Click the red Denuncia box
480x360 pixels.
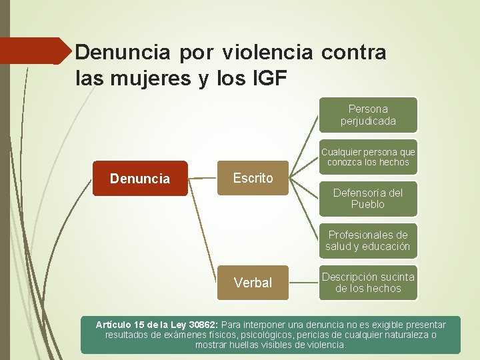click(140, 179)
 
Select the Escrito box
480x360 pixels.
click(253, 178)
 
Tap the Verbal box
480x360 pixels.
click(253, 283)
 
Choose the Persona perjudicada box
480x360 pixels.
click(368, 115)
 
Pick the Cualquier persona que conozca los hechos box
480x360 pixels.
click(368, 157)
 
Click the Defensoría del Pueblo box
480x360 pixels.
click(368, 199)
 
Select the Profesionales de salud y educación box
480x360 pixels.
click(368, 241)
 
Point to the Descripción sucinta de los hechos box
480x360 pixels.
click(368, 283)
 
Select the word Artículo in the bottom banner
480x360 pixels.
click(113, 325)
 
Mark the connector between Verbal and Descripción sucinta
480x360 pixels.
click(303, 283)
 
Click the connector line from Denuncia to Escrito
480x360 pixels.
click(203, 178)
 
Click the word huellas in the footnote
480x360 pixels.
click(247, 345)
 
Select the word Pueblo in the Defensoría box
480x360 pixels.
click(368, 205)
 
